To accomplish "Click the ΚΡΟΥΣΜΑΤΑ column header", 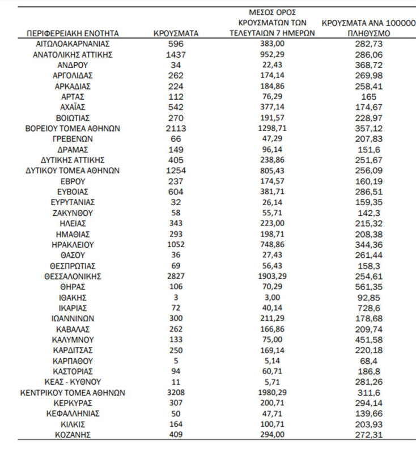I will pos(176,33).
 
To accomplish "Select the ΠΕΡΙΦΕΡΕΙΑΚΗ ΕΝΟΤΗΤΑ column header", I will pos(73,33).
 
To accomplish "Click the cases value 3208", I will pos(176,392).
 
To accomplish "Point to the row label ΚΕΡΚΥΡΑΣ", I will pos(73,403).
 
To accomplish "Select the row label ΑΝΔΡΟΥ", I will pos(73,65).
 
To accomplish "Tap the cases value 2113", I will pos(176,129).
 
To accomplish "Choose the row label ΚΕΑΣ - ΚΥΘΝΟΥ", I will pos(73,382).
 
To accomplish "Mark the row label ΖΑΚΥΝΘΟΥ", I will pos(73,213).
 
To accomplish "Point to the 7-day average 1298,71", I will pos(272,129).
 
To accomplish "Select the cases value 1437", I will pos(176,54).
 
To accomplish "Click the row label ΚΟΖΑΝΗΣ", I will pos(73,435).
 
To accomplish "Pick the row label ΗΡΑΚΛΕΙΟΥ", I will pos(73,244).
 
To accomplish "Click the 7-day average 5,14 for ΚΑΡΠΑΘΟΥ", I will pos(272,360).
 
